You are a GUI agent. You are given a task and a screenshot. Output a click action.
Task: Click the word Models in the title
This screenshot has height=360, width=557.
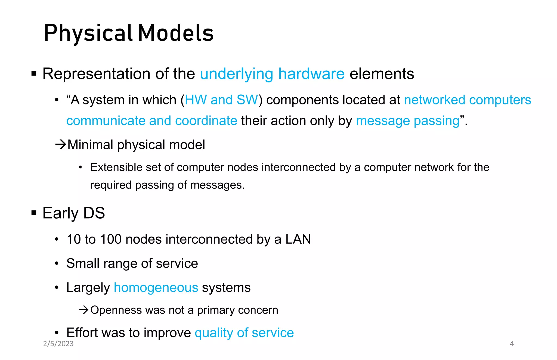pos(176,33)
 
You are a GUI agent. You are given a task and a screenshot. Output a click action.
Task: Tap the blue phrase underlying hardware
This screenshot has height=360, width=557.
pos(272,74)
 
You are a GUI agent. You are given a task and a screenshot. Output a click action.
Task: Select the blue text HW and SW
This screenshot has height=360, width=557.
pos(221,100)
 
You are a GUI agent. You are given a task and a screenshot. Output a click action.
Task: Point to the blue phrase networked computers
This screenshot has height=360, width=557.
pos(467,100)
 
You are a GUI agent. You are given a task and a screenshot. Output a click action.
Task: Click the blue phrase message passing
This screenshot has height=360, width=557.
pos(407,121)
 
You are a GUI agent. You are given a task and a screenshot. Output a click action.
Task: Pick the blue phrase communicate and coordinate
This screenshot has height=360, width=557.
pos(152,121)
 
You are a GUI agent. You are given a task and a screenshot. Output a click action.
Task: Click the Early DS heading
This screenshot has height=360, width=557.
pos(73,213)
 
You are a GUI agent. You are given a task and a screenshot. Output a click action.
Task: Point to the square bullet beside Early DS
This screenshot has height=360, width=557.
pos(34,213)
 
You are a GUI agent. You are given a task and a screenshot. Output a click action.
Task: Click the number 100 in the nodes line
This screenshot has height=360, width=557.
pos(110,239)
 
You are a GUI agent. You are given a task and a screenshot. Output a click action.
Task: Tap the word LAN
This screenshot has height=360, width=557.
pos(298,239)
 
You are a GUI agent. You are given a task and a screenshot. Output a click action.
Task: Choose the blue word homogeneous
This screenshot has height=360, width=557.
pos(156,287)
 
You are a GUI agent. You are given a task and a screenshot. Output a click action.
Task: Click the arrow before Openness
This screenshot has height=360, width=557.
pos(84,310)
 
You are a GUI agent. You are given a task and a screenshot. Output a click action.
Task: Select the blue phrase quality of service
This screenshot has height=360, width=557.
pos(244,333)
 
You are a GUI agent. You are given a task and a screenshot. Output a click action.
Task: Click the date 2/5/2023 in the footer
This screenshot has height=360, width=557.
pos(58,344)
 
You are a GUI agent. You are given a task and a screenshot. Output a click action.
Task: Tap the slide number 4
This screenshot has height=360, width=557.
pos(512,344)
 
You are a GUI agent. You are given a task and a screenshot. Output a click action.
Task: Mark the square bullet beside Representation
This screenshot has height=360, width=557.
pos(34,73)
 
